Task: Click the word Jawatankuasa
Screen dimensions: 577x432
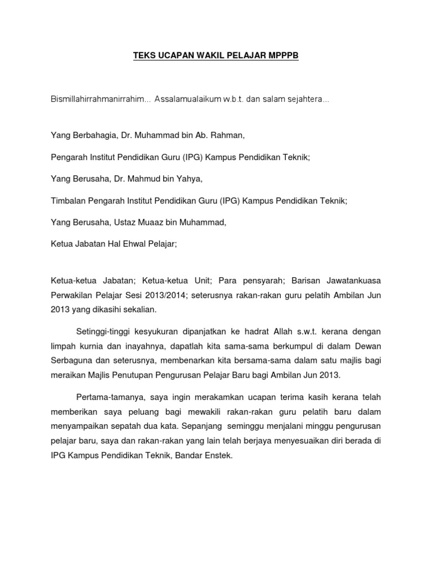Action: pos(352,280)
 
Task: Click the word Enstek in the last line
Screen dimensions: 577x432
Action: pos(216,456)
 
